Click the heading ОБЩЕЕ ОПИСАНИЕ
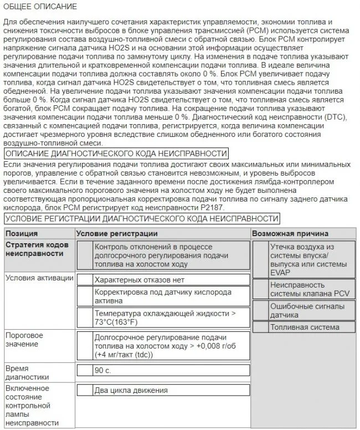click(x=40, y=7)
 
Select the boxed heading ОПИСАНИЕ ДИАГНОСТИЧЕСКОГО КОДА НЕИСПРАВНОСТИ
click(x=115, y=153)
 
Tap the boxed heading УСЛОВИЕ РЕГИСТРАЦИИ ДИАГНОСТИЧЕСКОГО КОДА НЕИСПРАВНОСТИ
click(x=141, y=218)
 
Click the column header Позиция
click(x=22, y=233)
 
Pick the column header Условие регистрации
click(x=116, y=233)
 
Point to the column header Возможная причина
click(x=290, y=233)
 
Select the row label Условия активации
click(x=32, y=277)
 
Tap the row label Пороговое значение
click(x=24, y=340)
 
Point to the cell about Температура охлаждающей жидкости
click(x=164, y=318)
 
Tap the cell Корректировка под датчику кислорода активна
click(x=163, y=296)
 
